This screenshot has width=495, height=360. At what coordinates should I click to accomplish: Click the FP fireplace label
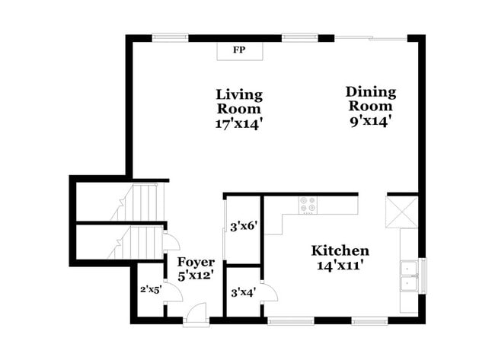tap(239, 50)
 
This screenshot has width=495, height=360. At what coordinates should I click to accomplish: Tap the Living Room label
tap(239, 102)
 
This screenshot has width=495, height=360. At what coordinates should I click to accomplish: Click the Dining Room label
tap(371, 99)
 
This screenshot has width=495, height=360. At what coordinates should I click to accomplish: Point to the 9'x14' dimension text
tap(371, 119)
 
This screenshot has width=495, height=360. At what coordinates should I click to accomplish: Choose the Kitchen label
tap(340, 250)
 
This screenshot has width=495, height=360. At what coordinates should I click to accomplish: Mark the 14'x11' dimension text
tap(340, 266)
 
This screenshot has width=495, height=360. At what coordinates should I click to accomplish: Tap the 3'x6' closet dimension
tap(243, 226)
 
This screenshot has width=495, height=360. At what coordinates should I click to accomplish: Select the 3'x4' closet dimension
tap(243, 291)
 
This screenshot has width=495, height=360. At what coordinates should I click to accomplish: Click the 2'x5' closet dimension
tap(151, 289)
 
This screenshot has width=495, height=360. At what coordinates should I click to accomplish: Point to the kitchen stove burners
tap(308, 205)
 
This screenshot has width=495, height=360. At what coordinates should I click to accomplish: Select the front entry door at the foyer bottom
tap(196, 314)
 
